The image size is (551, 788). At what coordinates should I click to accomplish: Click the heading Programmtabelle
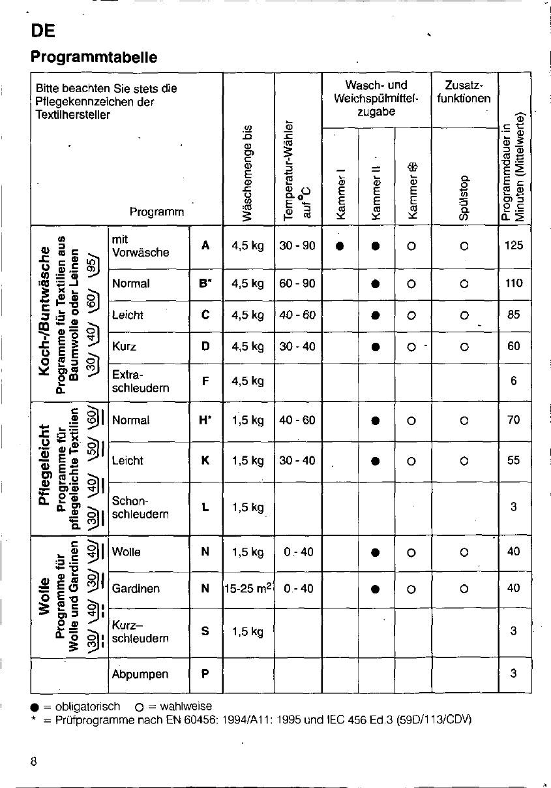94,57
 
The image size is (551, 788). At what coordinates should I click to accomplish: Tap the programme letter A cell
205,246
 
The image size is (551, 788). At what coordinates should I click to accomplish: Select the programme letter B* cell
206,283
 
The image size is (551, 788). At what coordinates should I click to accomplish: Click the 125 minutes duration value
514,246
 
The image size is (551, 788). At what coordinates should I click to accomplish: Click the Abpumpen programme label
140,674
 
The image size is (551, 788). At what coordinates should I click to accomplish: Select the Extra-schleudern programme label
141,381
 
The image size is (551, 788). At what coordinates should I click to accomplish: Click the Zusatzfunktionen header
464,92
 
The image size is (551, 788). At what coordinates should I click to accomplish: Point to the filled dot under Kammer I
339,246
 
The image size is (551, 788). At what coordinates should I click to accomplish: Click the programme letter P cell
205,674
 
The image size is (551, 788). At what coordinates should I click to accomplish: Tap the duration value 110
514,283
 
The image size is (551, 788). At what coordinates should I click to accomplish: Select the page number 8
33,761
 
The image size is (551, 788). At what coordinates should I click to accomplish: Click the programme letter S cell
205,631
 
